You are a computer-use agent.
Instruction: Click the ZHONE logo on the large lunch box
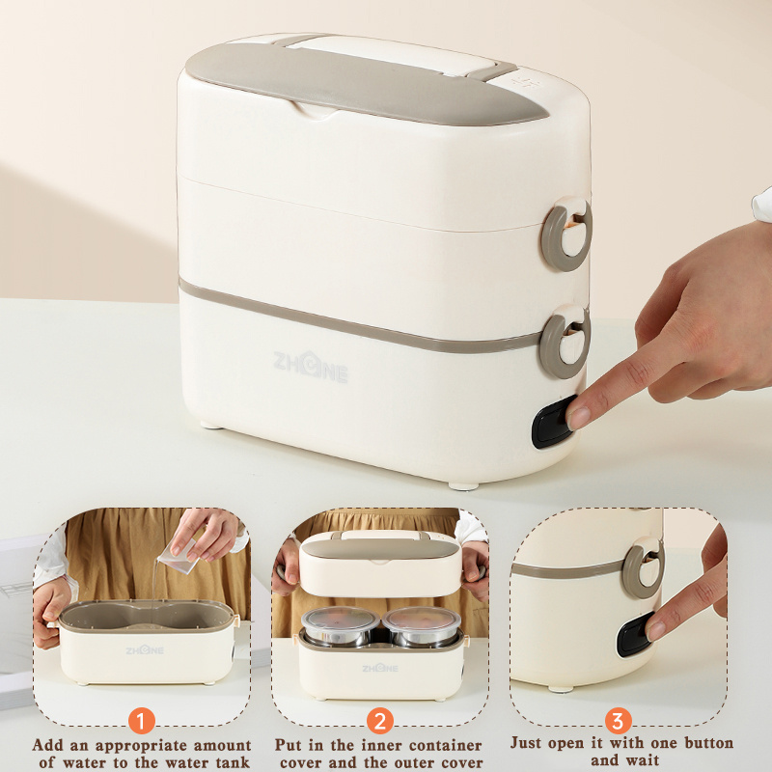[x=310, y=367]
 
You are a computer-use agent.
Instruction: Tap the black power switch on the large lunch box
[x=552, y=422]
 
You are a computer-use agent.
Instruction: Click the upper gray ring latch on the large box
[x=566, y=234]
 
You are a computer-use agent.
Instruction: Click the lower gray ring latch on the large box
[x=565, y=343]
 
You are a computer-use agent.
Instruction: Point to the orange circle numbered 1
[x=141, y=721]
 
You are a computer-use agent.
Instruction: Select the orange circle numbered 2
[x=379, y=721]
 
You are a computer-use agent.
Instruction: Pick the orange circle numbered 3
[x=618, y=721]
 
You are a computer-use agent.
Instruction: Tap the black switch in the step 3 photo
[x=636, y=634]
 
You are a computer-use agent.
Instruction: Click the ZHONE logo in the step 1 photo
[x=144, y=649]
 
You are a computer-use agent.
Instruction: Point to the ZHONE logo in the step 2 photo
[x=379, y=668]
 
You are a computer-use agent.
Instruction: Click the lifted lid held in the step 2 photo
[x=380, y=564]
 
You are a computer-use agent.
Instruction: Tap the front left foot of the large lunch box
[x=212, y=424]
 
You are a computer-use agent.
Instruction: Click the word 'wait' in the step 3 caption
[x=642, y=759]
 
